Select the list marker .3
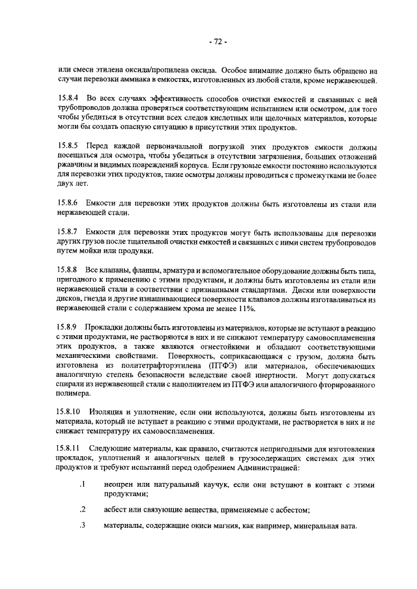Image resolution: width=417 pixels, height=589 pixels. pyautogui.click(x=83, y=527)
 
